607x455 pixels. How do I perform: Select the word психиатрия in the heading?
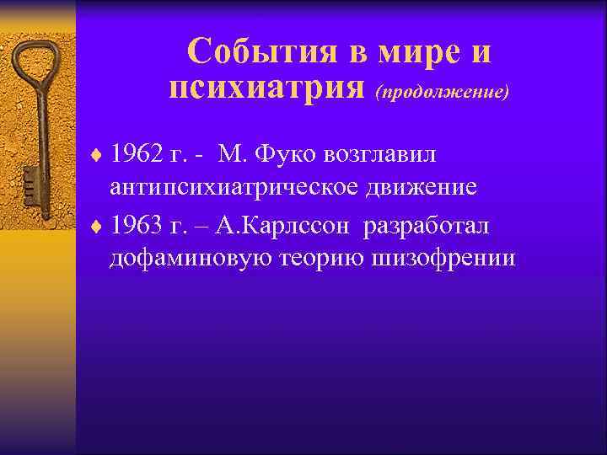266,87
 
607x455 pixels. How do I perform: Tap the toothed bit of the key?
33,180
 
